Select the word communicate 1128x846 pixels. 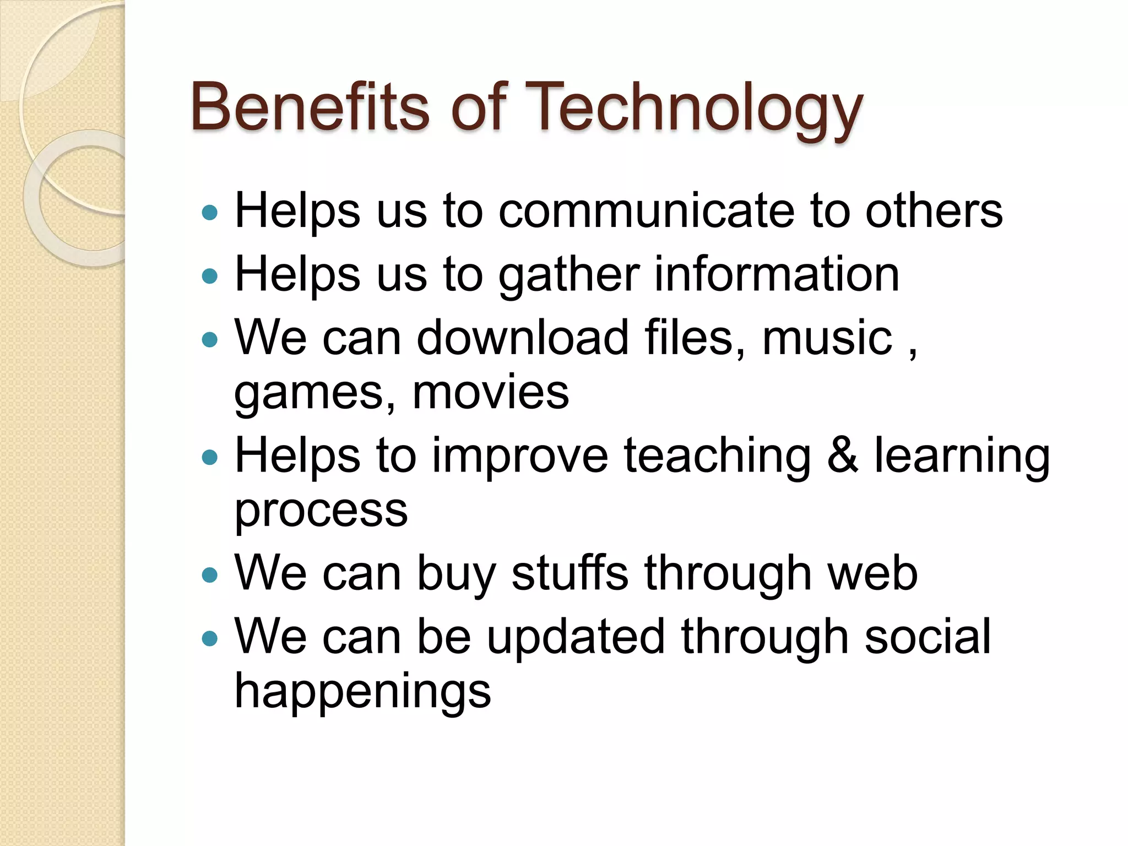click(x=646, y=211)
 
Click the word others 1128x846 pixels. click(x=934, y=211)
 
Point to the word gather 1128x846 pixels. click(x=569, y=275)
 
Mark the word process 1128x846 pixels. click(x=321, y=511)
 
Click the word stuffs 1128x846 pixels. click(x=570, y=573)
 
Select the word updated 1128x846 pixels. click(x=576, y=638)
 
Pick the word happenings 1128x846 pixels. click(x=362, y=692)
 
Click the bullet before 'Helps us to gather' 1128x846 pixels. click(x=210, y=275)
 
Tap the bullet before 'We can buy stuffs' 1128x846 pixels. click(x=210, y=575)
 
